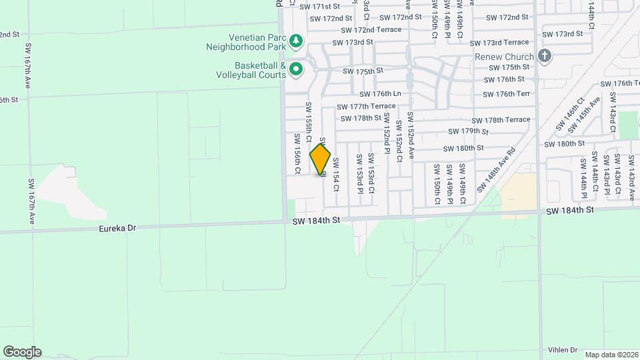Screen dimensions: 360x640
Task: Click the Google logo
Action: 22,352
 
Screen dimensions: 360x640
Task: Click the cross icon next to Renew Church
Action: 545,56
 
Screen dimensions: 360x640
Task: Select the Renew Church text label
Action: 504,57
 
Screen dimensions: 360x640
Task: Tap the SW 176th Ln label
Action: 380,95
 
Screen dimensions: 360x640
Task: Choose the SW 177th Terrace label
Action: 366,107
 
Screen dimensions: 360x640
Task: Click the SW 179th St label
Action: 469,131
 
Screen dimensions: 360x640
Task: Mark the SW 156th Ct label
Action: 297,153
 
